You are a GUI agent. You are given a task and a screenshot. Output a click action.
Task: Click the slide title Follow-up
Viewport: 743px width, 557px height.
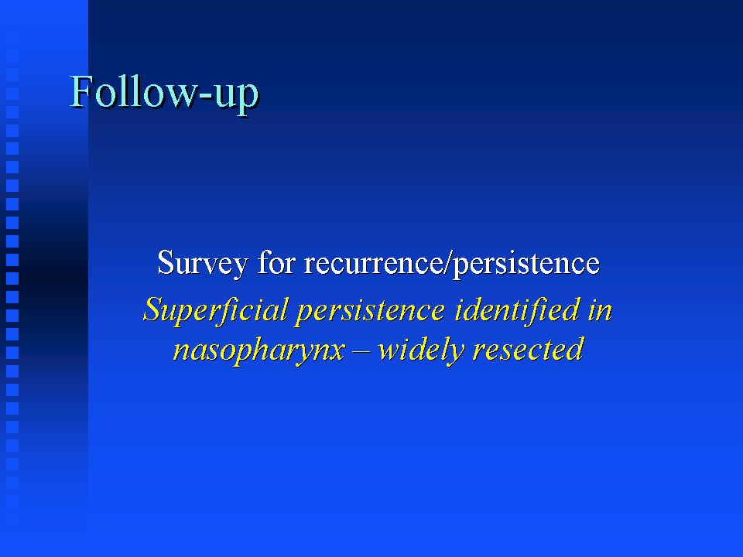tap(164, 93)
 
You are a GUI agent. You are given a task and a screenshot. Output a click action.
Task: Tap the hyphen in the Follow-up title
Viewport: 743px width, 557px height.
tap(204, 97)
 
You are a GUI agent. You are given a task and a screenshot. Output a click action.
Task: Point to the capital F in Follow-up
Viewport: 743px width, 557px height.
tap(81, 91)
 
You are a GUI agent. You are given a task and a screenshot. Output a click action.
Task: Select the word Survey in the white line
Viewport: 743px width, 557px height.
tap(203, 263)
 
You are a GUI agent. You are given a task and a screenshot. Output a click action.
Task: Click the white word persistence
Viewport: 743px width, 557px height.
tap(526, 264)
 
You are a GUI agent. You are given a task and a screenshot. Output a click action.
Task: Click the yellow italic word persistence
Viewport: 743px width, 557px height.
tap(371, 312)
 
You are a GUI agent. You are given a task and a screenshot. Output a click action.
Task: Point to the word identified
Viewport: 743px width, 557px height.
tap(517, 309)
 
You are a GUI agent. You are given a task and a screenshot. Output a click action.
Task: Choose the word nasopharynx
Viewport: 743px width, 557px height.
tap(259, 351)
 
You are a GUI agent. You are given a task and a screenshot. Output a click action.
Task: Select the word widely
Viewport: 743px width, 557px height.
tap(422, 350)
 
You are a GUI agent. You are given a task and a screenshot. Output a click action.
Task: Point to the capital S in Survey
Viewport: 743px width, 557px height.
tap(166, 262)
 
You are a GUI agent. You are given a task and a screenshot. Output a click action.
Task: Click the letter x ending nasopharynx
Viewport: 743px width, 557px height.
tap(335, 353)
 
